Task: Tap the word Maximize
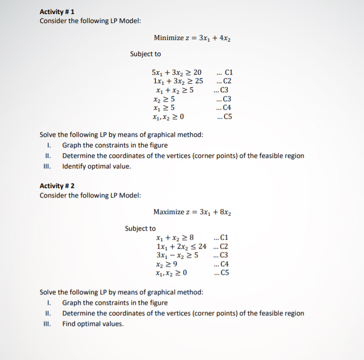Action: coord(169,212)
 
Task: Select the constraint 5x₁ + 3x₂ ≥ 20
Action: coord(176,73)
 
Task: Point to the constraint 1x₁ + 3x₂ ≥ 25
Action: coord(177,81)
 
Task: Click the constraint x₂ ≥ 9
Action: coord(166,264)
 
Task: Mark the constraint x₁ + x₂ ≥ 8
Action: coord(171,238)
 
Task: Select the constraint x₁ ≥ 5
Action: coord(165,108)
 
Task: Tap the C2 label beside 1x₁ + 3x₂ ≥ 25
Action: coord(223,81)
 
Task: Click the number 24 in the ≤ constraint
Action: coord(202,247)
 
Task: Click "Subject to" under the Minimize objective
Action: coord(145,54)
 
